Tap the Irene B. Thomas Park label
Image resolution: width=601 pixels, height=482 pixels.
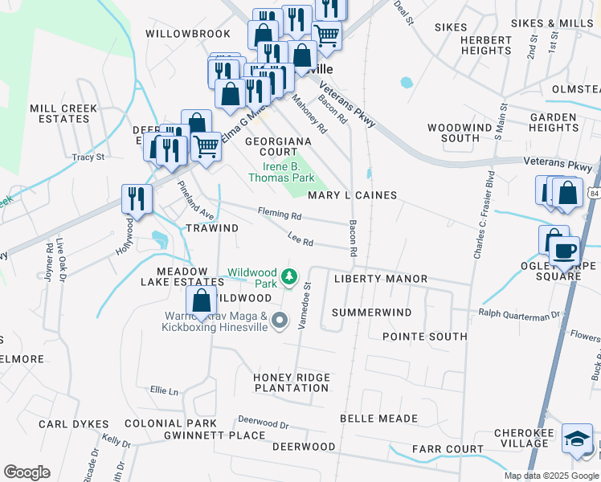point(281,172)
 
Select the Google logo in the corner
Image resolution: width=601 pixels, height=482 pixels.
point(27,472)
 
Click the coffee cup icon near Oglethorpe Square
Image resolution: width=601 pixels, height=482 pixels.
point(565,250)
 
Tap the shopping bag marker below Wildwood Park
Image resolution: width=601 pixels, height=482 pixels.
point(202,302)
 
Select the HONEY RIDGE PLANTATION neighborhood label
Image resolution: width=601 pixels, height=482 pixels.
point(291,382)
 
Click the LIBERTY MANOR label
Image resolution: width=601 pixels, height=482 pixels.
point(380,279)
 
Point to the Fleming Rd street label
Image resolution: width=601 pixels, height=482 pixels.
point(280,214)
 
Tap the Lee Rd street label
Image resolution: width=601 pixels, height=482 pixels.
point(300,239)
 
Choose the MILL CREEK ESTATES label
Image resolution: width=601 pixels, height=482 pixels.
point(63,113)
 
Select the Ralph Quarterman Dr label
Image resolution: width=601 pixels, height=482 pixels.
point(517,314)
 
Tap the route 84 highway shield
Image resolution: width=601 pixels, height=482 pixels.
point(593,193)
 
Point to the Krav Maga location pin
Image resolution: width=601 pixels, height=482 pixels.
point(280,321)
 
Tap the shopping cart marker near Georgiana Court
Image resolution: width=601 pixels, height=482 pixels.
point(206,146)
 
